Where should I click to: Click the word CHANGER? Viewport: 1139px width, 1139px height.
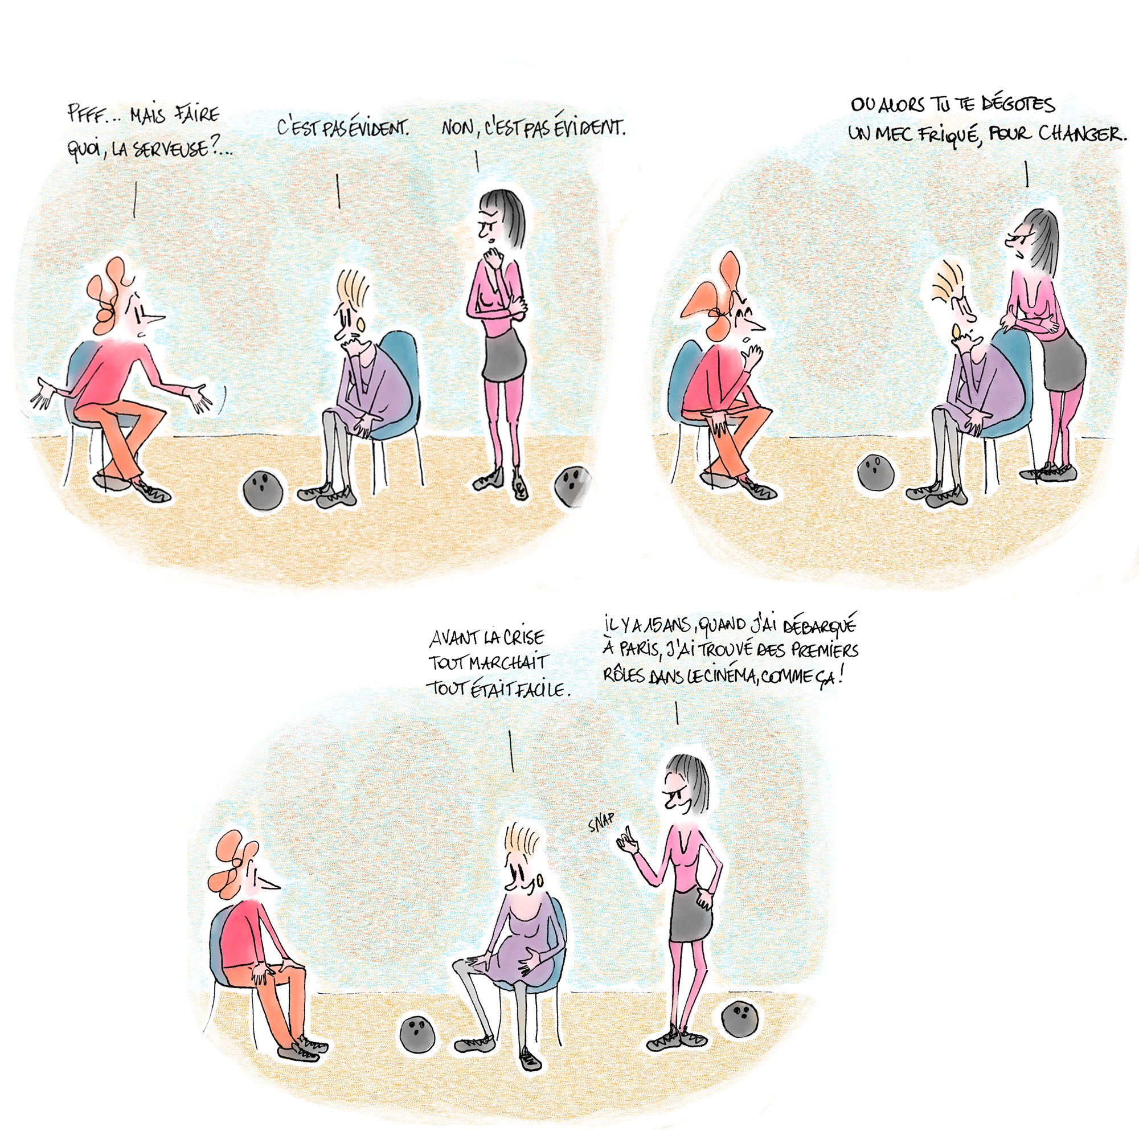tap(1081, 134)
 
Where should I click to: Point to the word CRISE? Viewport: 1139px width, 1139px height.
tap(524, 637)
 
